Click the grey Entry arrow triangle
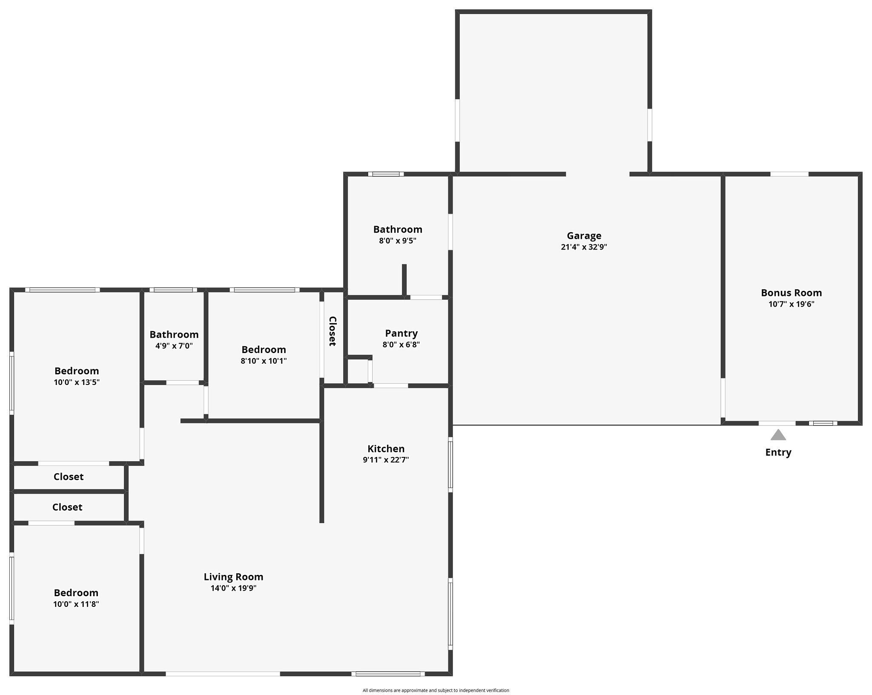pos(778,435)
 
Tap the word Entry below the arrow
pos(778,453)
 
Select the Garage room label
pos(584,236)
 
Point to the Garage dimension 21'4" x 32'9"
pos(584,247)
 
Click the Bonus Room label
pos(792,293)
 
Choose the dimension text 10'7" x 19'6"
pos(792,304)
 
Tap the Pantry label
pos(402,333)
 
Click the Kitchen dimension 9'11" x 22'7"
pos(386,460)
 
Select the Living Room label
pos(233,577)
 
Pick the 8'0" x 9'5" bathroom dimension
pos(398,241)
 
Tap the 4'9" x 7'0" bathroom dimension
pos(174,346)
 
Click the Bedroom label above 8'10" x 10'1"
pos(264,350)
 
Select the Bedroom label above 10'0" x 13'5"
pos(77,371)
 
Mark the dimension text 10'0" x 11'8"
pos(76,604)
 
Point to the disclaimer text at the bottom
pos(436,690)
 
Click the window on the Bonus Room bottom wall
pos(823,423)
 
